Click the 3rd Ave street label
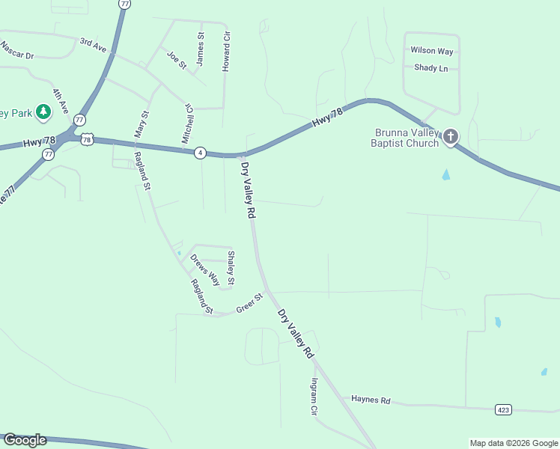coord(94,45)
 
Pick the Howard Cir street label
coord(226,52)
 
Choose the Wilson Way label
coord(432,51)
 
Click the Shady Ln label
coord(430,68)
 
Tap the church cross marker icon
coord(450,136)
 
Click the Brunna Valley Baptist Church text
coord(405,138)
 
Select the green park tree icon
coord(43,112)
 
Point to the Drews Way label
coord(205,270)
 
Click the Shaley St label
coord(231,268)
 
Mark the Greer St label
coord(250,303)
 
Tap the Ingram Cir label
coord(314,397)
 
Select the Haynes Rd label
coord(371,400)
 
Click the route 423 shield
coord(503,409)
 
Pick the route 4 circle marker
coord(200,153)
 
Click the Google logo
coord(25,440)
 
